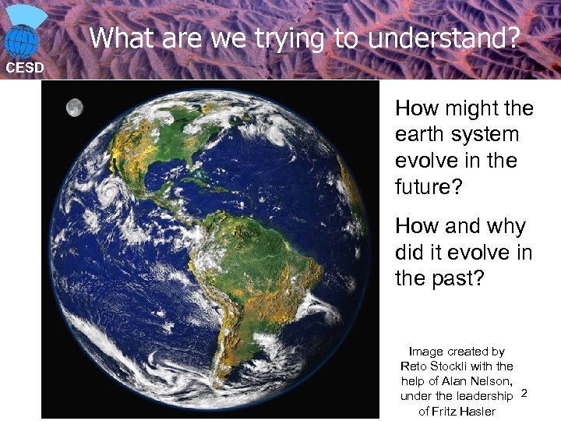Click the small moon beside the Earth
click(75, 108)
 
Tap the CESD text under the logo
click(25, 68)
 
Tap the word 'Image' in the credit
click(425, 352)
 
